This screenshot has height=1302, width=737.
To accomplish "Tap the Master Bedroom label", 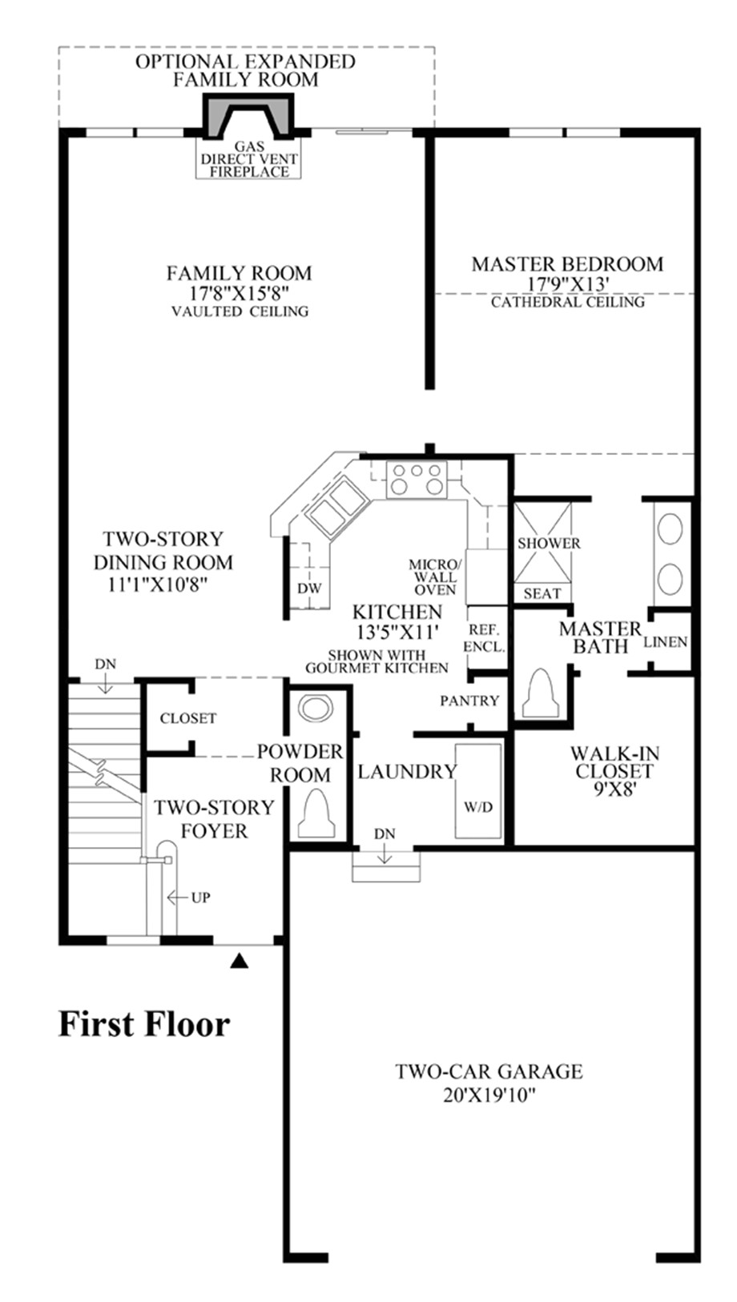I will tap(567, 263).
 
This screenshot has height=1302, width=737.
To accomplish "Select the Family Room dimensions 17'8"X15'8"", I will tap(239, 293).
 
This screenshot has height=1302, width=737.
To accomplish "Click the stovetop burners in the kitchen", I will tap(415, 479).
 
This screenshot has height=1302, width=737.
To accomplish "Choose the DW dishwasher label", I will tap(309, 589).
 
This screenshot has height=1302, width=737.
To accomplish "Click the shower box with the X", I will tap(542, 542).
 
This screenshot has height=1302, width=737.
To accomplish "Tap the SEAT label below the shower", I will tap(542, 593).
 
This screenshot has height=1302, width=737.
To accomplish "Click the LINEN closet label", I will tap(666, 641).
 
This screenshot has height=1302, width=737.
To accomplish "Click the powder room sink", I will tap(315, 709).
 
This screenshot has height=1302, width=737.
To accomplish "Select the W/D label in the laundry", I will tap(478, 806).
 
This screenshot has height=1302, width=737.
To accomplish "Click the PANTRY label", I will tap(469, 701).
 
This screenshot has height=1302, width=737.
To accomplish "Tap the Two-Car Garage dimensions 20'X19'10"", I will tap(489, 1095).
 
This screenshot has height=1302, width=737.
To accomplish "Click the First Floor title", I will tap(144, 1024).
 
